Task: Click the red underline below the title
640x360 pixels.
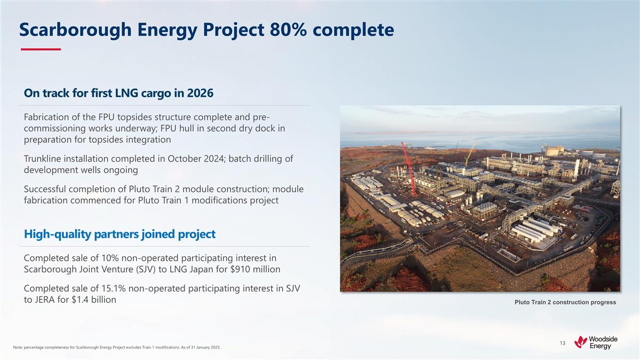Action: pos(41,50)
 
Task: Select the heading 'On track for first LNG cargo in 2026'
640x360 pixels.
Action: pos(118,93)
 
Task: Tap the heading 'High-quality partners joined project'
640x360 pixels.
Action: pos(119,234)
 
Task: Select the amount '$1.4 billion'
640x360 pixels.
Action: pos(93,300)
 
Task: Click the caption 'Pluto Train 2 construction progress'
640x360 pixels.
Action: pos(565,302)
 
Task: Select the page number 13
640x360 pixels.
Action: pos(562,343)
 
